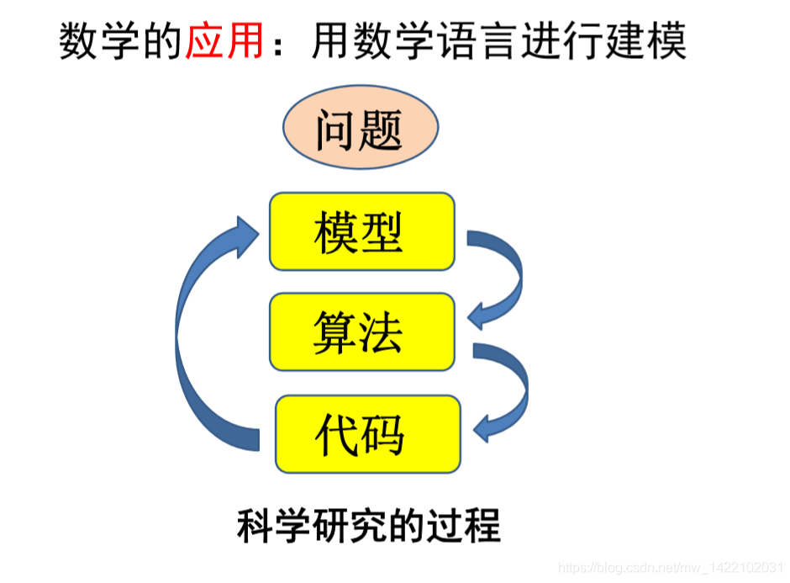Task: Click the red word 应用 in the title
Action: point(224,40)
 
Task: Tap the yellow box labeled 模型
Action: point(361,231)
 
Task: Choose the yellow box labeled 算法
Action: point(361,331)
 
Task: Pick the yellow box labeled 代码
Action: point(368,434)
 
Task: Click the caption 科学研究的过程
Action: point(368,526)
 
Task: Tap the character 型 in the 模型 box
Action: point(382,231)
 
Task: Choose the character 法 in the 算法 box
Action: point(382,331)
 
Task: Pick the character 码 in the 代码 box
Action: point(387,434)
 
